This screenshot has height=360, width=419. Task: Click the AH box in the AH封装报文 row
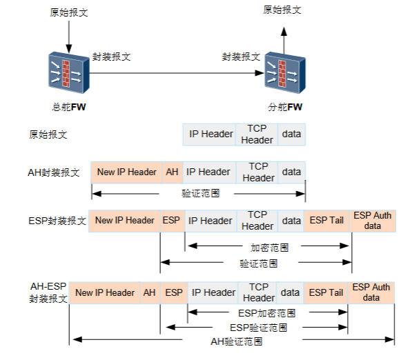(172, 172)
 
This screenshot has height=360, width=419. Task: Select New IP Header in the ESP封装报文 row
(125, 221)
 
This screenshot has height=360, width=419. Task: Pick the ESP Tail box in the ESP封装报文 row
(327, 221)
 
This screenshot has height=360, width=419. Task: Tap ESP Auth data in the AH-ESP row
(371, 292)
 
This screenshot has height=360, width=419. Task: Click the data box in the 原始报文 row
(291, 134)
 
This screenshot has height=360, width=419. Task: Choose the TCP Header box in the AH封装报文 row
(258, 172)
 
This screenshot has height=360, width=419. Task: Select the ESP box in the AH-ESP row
(174, 292)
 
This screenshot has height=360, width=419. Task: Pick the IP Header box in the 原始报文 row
(211, 134)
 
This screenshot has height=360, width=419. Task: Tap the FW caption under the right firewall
(285, 107)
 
